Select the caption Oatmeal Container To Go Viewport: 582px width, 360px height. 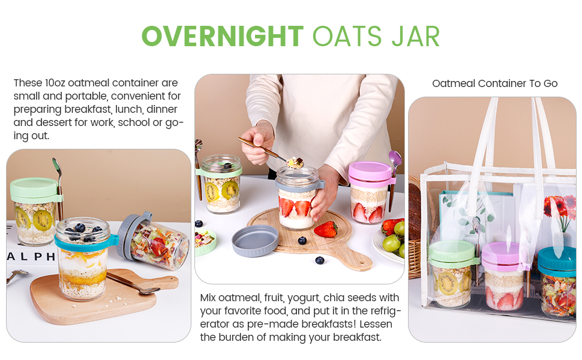495,83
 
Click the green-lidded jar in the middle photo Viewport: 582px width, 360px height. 221,185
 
